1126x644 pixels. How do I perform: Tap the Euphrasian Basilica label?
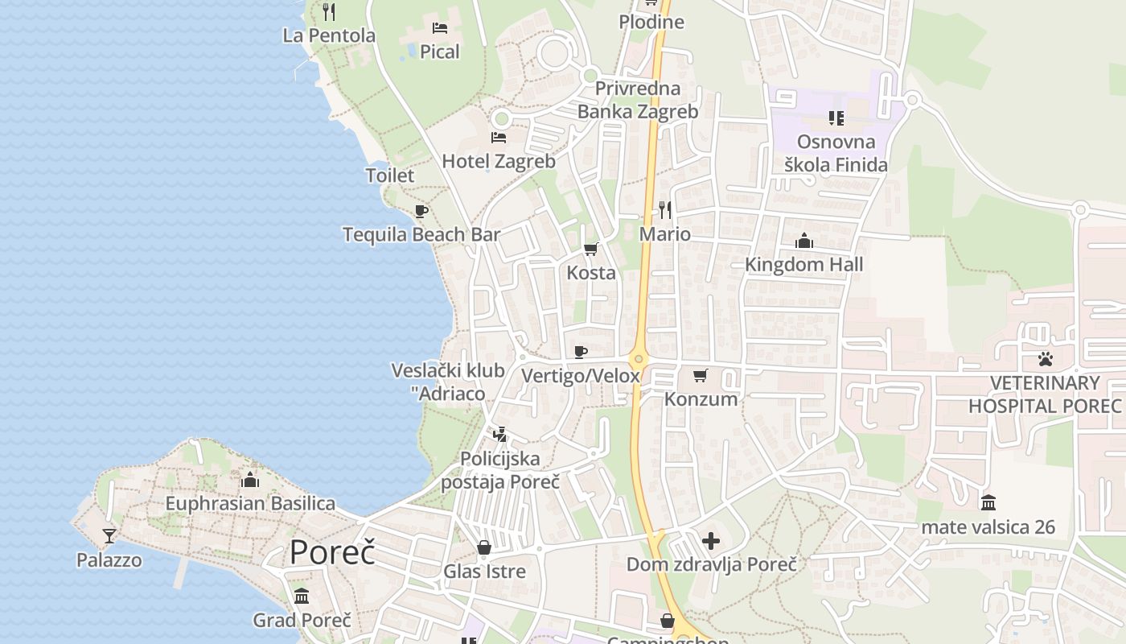250,504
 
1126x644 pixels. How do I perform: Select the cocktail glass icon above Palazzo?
109,535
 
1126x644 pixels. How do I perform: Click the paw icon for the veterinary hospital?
1045,359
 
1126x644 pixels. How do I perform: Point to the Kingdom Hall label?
803,265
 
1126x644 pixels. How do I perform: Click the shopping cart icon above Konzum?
701,375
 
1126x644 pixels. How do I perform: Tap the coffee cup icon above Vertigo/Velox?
581,352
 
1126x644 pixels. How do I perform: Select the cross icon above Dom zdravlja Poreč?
711,541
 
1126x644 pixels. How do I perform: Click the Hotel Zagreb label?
499,161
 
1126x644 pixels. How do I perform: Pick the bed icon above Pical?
440,28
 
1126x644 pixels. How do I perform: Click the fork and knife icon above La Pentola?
328,11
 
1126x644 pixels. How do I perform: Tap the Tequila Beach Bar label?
421,235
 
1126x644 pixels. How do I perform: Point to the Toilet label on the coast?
390,175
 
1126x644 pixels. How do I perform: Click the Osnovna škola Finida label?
836,154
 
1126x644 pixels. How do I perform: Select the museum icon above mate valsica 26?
988,503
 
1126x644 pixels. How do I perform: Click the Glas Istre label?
484,572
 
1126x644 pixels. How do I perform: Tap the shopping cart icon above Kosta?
591,250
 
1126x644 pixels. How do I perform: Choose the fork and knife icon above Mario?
665,210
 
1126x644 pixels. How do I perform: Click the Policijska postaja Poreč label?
500,470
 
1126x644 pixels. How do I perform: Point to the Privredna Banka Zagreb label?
638,100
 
